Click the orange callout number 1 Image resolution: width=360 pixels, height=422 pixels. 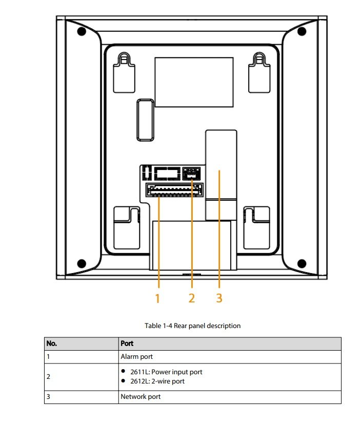pyautogui.click(x=157, y=298)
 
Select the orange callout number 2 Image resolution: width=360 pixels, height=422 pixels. pyautogui.click(x=192, y=298)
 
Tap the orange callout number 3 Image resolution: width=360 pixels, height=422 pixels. pyautogui.click(x=219, y=298)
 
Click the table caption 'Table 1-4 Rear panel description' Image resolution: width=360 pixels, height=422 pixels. pyautogui.click(x=192, y=325)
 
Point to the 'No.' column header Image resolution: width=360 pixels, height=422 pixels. pyautogui.click(x=52, y=343)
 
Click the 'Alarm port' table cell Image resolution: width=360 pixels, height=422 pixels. pyautogui.click(x=136, y=356)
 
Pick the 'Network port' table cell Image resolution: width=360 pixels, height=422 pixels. pyautogui.click(x=141, y=397)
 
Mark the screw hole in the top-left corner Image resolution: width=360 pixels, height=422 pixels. pyautogui.click(x=81, y=31)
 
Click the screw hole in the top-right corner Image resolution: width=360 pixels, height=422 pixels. pyautogui.click(x=302, y=31)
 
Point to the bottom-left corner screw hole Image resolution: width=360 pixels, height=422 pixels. pyautogui.click(x=81, y=263)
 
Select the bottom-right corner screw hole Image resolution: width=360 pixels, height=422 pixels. pyautogui.click(x=302, y=263)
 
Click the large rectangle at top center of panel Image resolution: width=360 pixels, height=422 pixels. pyautogui.click(x=194, y=82)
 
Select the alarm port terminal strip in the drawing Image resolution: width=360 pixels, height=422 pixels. pyautogui.click(x=174, y=189)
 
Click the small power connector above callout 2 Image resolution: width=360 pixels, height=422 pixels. pyautogui.click(x=191, y=173)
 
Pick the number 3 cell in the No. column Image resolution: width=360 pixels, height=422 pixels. pyautogui.click(x=48, y=397)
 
